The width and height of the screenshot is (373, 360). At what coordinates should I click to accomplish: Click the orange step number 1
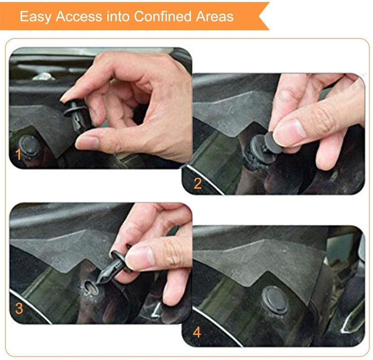pyautogui.click(x=18, y=155)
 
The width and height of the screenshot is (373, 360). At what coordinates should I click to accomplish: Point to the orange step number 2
pyautogui.click(x=197, y=183)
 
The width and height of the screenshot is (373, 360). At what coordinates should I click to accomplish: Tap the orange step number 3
pyautogui.click(x=18, y=309)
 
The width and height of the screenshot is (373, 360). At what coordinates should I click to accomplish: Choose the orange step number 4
pyautogui.click(x=197, y=333)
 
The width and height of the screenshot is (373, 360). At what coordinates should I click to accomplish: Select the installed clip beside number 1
pyautogui.click(x=30, y=145)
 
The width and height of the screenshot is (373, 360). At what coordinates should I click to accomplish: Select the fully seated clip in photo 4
pyautogui.click(x=274, y=299)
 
